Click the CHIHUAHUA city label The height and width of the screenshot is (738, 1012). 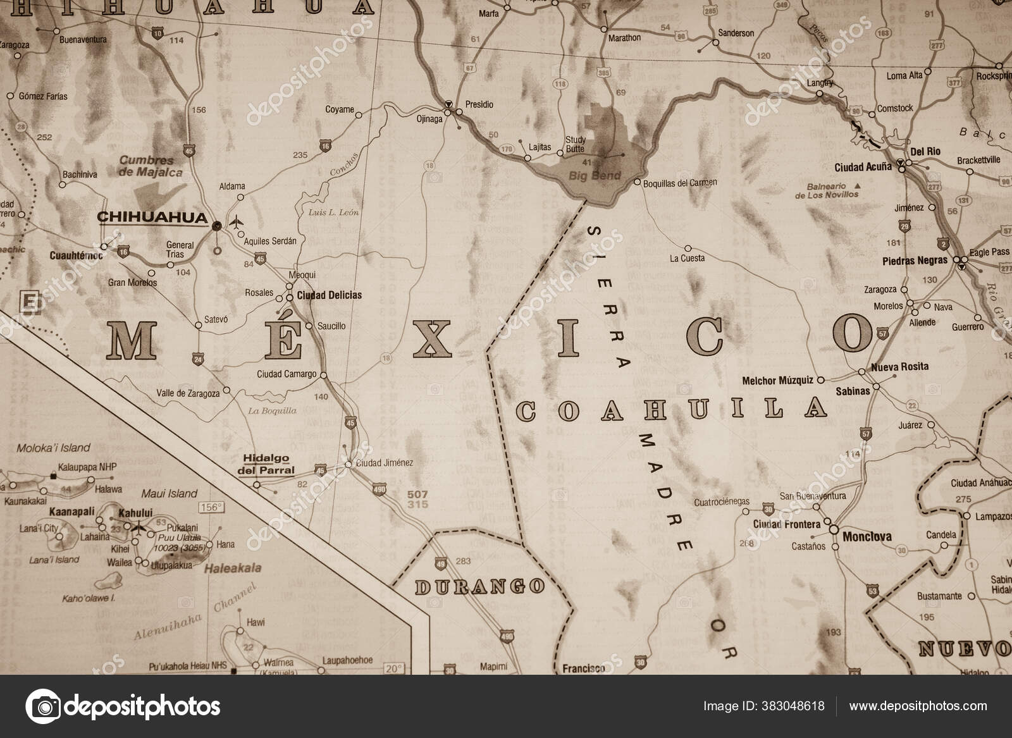pyautogui.click(x=152, y=218)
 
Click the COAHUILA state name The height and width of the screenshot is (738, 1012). pyautogui.click(x=672, y=409)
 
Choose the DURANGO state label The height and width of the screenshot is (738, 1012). pyautogui.click(x=479, y=586)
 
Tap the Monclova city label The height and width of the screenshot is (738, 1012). pyautogui.click(x=867, y=537)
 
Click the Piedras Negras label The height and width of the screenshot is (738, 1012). pyautogui.click(x=915, y=261)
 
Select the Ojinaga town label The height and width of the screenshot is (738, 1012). pyautogui.click(x=429, y=118)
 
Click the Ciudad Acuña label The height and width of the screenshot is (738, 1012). pyautogui.click(x=863, y=167)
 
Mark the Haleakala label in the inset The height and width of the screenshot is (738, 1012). pyautogui.click(x=233, y=569)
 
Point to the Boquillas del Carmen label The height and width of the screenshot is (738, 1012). pyautogui.click(x=680, y=183)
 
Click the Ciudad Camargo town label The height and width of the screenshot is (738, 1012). pyautogui.click(x=287, y=374)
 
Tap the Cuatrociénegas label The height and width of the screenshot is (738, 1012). pyautogui.click(x=721, y=502)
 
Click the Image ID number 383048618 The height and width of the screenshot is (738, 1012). pyautogui.click(x=796, y=706)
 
